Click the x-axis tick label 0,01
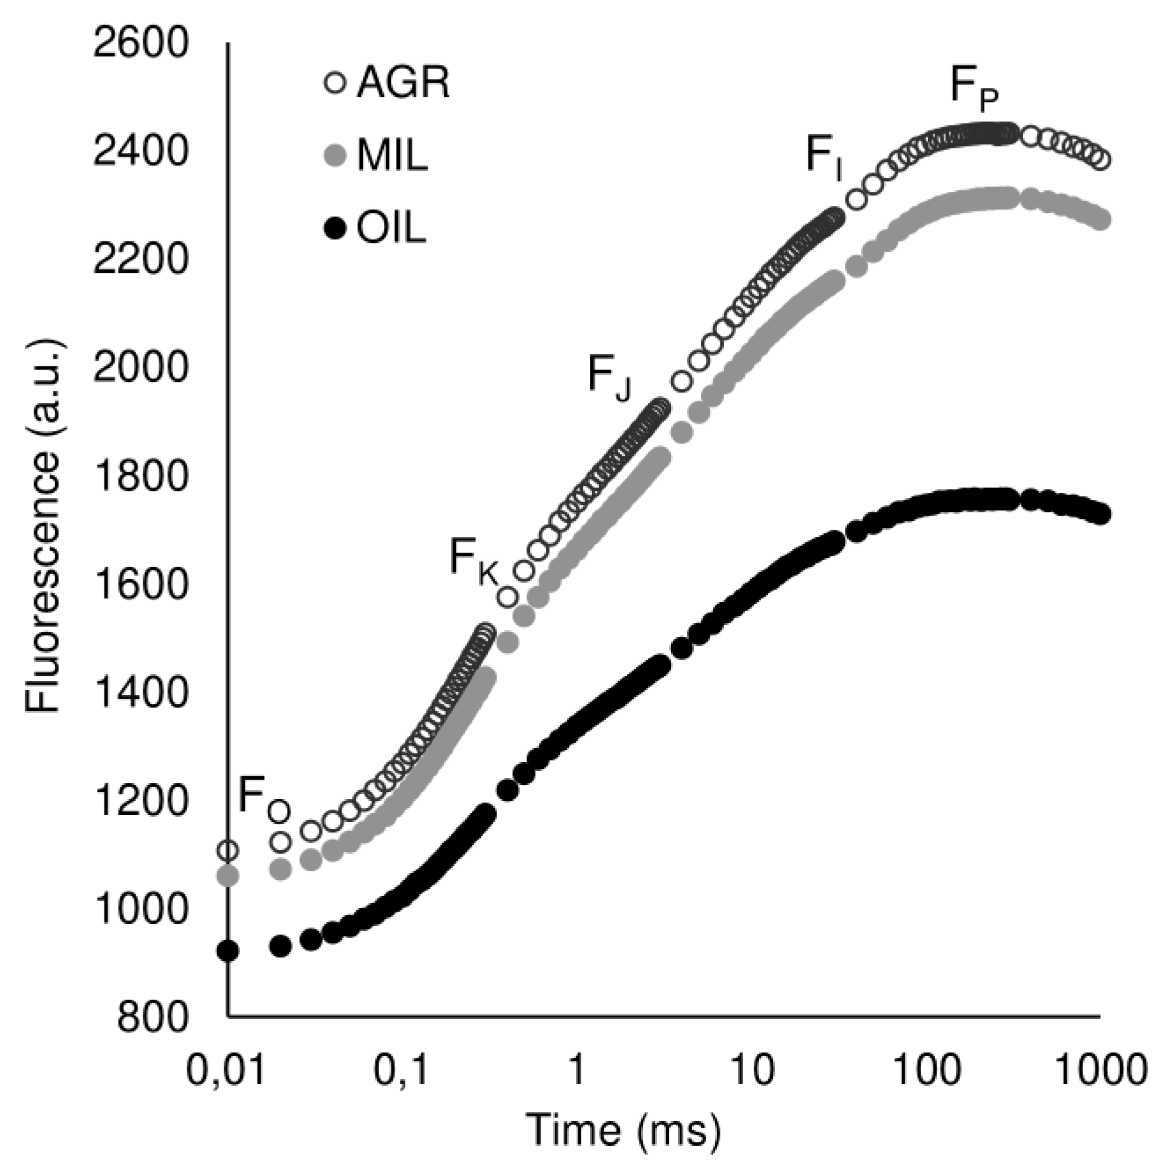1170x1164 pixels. (x=225, y=1070)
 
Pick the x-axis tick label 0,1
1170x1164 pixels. (x=401, y=1070)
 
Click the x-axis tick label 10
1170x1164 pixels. (x=752, y=1070)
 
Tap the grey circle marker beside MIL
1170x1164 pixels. (x=335, y=156)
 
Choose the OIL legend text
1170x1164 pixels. (x=391, y=229)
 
